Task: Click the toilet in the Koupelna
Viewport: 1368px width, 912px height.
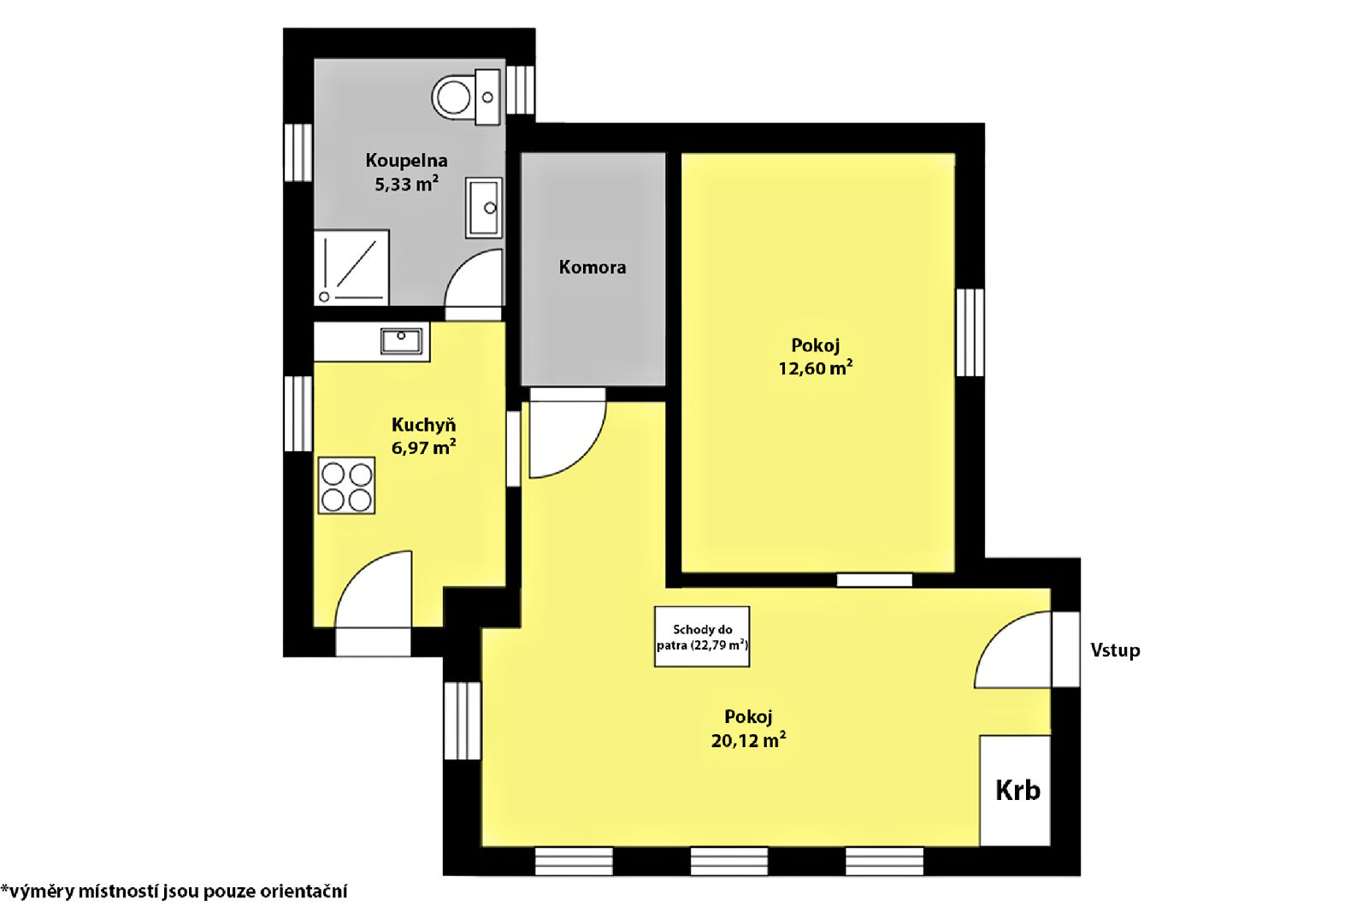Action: click(x=466, y=97)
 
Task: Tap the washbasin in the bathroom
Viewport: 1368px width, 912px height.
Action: click(x=484, y=208)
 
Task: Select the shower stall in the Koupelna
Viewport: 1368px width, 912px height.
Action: click(x=351, y=268)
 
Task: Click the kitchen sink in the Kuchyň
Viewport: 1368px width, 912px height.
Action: click(x=401, y=341)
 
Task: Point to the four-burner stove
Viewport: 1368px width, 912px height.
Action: click(x=346, y=485)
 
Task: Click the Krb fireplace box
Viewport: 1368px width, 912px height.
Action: click(x=1015, y=791)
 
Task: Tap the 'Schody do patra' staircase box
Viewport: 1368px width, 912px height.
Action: click(x=702, y=637)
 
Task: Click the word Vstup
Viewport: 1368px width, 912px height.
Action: click(x=1115, y=650)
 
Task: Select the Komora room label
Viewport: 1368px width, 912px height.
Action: click(x=593, y=268)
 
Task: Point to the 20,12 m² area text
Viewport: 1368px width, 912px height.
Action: click(x=748, y=740)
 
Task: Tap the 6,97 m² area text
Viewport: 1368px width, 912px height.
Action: click(x=423, y=448)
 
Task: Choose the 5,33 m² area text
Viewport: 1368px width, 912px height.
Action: click(x=406, y=184)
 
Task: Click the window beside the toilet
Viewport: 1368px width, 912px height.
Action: click(x=521, y=90)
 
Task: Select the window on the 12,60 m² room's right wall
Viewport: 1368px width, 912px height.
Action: click(x=970, y=332)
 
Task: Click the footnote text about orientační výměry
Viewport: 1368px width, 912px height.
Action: click(x=174, y=891)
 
